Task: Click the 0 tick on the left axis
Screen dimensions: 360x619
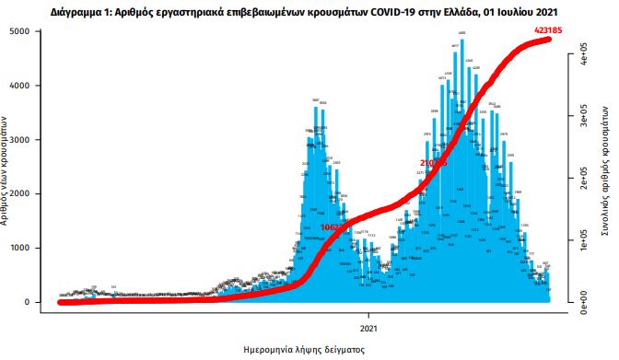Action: click(36, 303)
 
